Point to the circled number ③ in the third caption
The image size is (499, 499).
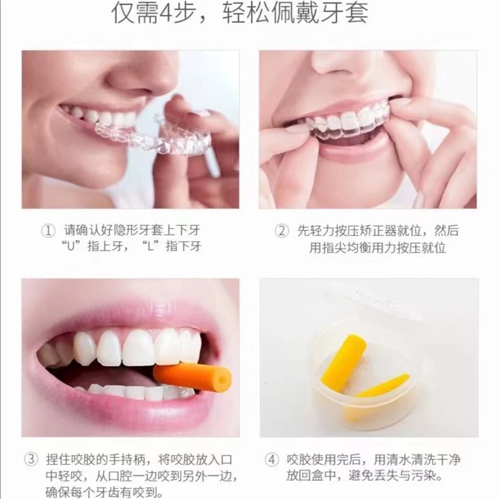[x=31, y=459]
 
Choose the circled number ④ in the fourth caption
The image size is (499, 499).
[x=272, y=460]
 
